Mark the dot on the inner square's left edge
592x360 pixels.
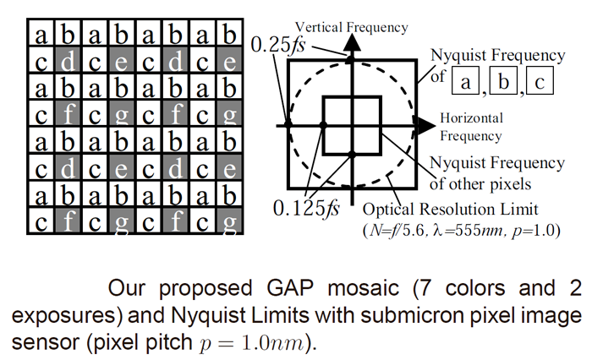[x=323, y=125]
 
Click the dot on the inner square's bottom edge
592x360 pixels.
[x=351, y=153]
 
